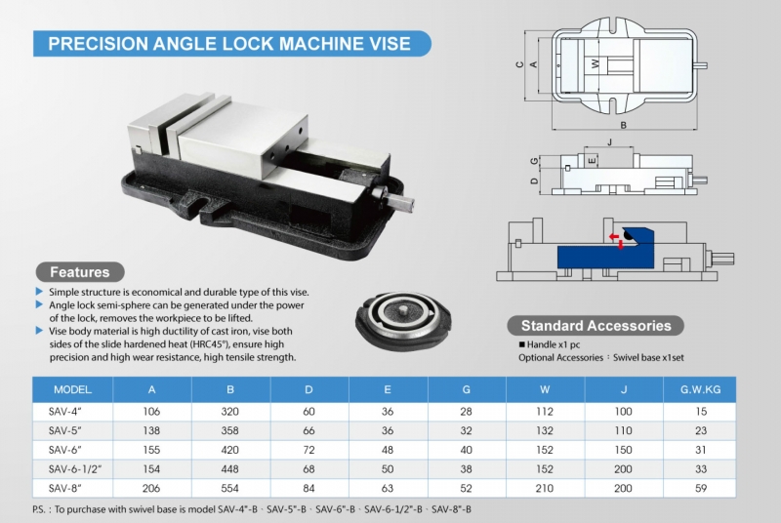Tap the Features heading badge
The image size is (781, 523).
pyautogui.click(x=80, y=272)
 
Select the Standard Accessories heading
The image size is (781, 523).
pyautogui.click(x=596, y=325)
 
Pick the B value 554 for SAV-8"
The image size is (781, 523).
pyautogui.click(x=229, y=486)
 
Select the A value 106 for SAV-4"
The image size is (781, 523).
pyautogui.click(x=151, y=412)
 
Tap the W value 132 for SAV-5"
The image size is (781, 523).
pyautogui.click(x=544, y=430)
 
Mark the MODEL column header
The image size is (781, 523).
pyautogui.click(x=73, y=388)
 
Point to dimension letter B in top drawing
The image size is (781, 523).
pyautogui.click(x=622, y=125)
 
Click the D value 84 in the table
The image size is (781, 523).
pyautogui.click(x=308, y=486)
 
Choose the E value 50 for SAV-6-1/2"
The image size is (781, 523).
pyautogui.click(x=387, y=467)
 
